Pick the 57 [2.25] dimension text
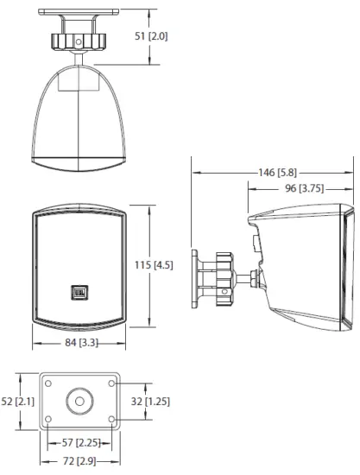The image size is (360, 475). (x=79, y=442)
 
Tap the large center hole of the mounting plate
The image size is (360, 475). (x=80, y=400)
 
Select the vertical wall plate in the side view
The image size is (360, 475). (x=197, y=279)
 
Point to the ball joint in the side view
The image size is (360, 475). (x=252, y=279)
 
